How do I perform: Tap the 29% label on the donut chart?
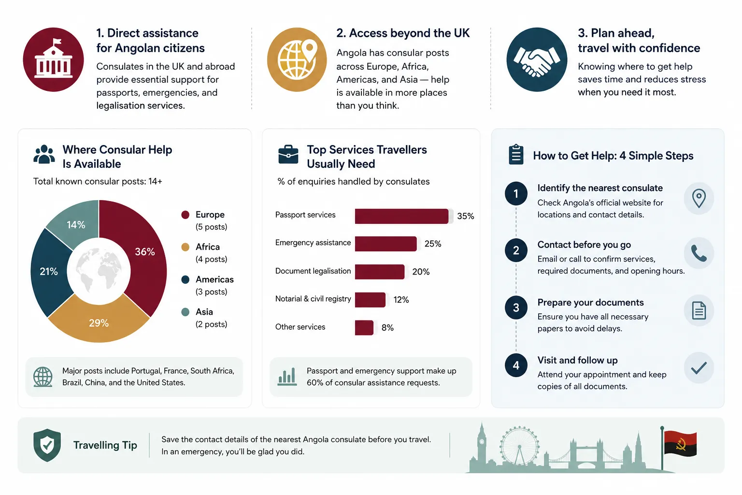pos(99,323)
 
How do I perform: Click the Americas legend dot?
pos(185,279)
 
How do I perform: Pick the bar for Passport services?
pos(401,216)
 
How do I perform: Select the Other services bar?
pos(364,328)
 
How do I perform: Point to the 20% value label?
pos(421,272)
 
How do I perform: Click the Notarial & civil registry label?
pos(313,299)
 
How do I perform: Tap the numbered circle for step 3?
pos(516,307)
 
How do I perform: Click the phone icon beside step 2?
pos(699,253)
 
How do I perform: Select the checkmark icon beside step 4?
pos(699,368)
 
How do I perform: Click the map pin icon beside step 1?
pos(699,198)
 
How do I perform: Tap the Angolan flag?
pos(680,444)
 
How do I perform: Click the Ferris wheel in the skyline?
pos(519,446)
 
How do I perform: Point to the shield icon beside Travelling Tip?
pos(47,445)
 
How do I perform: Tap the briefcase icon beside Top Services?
pos(288,155)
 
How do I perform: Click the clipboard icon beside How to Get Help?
pos(516,155)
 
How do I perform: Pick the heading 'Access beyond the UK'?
pos(403,33)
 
